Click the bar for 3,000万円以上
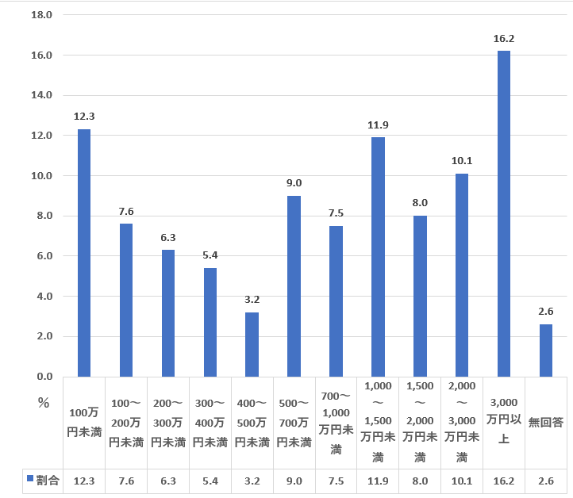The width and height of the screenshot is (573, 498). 503,213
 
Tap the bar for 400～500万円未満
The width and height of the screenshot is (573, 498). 252,344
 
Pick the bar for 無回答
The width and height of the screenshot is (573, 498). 545,350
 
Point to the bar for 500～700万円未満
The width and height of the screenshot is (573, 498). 294,285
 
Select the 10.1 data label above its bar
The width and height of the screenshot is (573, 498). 461,161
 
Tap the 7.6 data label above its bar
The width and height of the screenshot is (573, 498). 126,211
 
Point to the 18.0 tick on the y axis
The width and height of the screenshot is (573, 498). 41,15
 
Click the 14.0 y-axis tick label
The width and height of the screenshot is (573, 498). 41,95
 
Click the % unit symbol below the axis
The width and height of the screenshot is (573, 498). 44,402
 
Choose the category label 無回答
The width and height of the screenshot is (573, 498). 545,423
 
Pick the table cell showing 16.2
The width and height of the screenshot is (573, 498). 503,481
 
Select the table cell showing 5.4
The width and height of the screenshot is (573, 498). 210,481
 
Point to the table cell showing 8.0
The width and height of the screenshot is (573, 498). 419,481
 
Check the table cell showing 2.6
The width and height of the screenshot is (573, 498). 545,481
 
